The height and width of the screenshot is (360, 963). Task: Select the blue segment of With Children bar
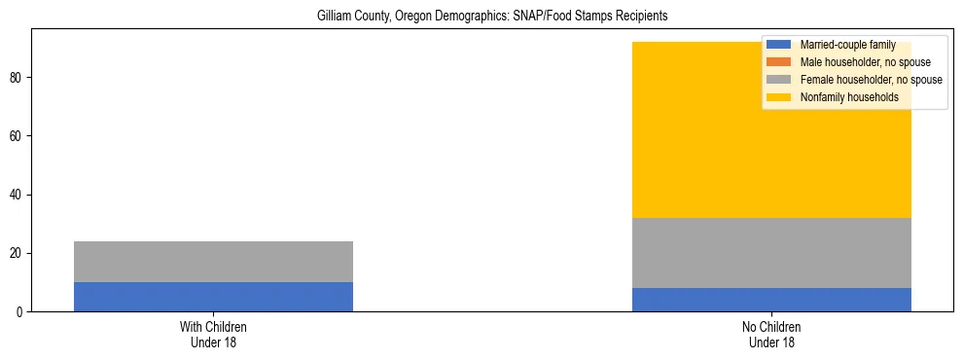tap(213, 297)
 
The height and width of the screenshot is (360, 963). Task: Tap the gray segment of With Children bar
tap(213, 262)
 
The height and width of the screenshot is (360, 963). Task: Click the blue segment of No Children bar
tap(771, 300)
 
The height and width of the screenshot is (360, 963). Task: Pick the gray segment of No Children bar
tap(771, 253)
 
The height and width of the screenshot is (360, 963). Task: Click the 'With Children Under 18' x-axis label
tap(213, 335)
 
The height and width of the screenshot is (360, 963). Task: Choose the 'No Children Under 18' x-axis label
tap(771, 335)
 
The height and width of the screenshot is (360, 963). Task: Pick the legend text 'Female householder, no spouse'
tap(871, 80)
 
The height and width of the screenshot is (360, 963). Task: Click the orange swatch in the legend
tap(779, 62)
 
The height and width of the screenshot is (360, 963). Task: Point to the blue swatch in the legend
tap(779, 45)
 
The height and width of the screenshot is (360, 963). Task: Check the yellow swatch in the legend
tap(779, 97)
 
